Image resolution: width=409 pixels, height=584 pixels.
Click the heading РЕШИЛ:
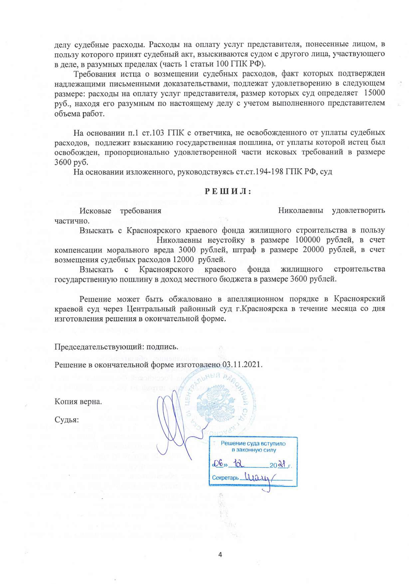[227, 192]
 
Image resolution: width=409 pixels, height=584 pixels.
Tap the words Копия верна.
[78, 401]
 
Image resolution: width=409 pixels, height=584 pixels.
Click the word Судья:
[67, 420]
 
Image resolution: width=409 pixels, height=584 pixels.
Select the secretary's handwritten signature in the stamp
[258, 477]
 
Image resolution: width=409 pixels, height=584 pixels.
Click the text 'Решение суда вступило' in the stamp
[253, 443]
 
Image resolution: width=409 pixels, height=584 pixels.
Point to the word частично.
[72, 221]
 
